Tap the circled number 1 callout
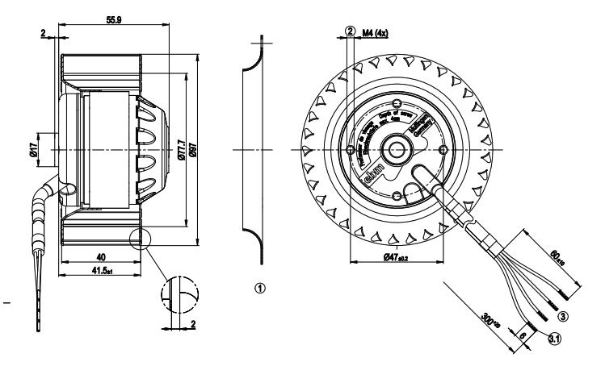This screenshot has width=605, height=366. (x=259, y=286)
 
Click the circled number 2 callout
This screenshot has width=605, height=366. (x=350, y=31)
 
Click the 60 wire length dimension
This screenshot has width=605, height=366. (x=558, y=257)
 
